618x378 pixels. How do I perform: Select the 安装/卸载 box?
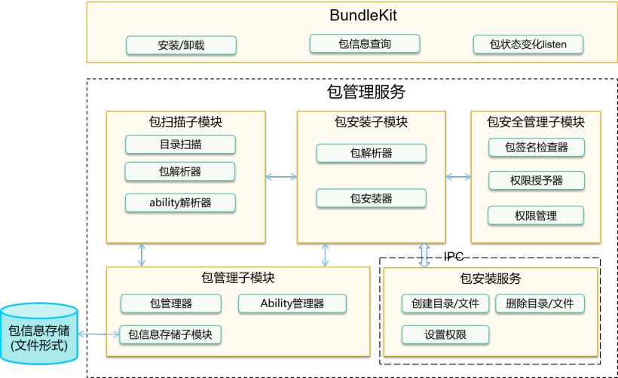coord(181,45)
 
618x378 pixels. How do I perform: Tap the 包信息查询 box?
coord(365,44)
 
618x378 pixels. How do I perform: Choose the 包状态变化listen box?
coord(528,44)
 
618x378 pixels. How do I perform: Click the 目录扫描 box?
coord(180,145)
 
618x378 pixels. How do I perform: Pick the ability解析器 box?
coord(180,203)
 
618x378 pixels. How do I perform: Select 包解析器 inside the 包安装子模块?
coord(371,153)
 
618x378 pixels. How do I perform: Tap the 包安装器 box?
coord(371,199)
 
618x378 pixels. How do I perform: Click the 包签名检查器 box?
coord(536,147)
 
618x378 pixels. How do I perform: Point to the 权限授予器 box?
coord(536,181)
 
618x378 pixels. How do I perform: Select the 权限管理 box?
coord(536,215)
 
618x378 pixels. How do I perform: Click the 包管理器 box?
coord(171,303)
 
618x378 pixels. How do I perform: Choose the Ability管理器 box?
coord(292,303)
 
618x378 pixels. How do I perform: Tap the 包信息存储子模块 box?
coord(170,334)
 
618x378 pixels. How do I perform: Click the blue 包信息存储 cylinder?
coord(38,336)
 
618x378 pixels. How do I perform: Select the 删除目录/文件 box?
coord(540,303)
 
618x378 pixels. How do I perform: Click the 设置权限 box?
coord(445,334)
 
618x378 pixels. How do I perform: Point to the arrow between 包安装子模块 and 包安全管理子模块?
coord(458,177)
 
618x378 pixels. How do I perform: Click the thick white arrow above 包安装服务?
coord(424,255)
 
